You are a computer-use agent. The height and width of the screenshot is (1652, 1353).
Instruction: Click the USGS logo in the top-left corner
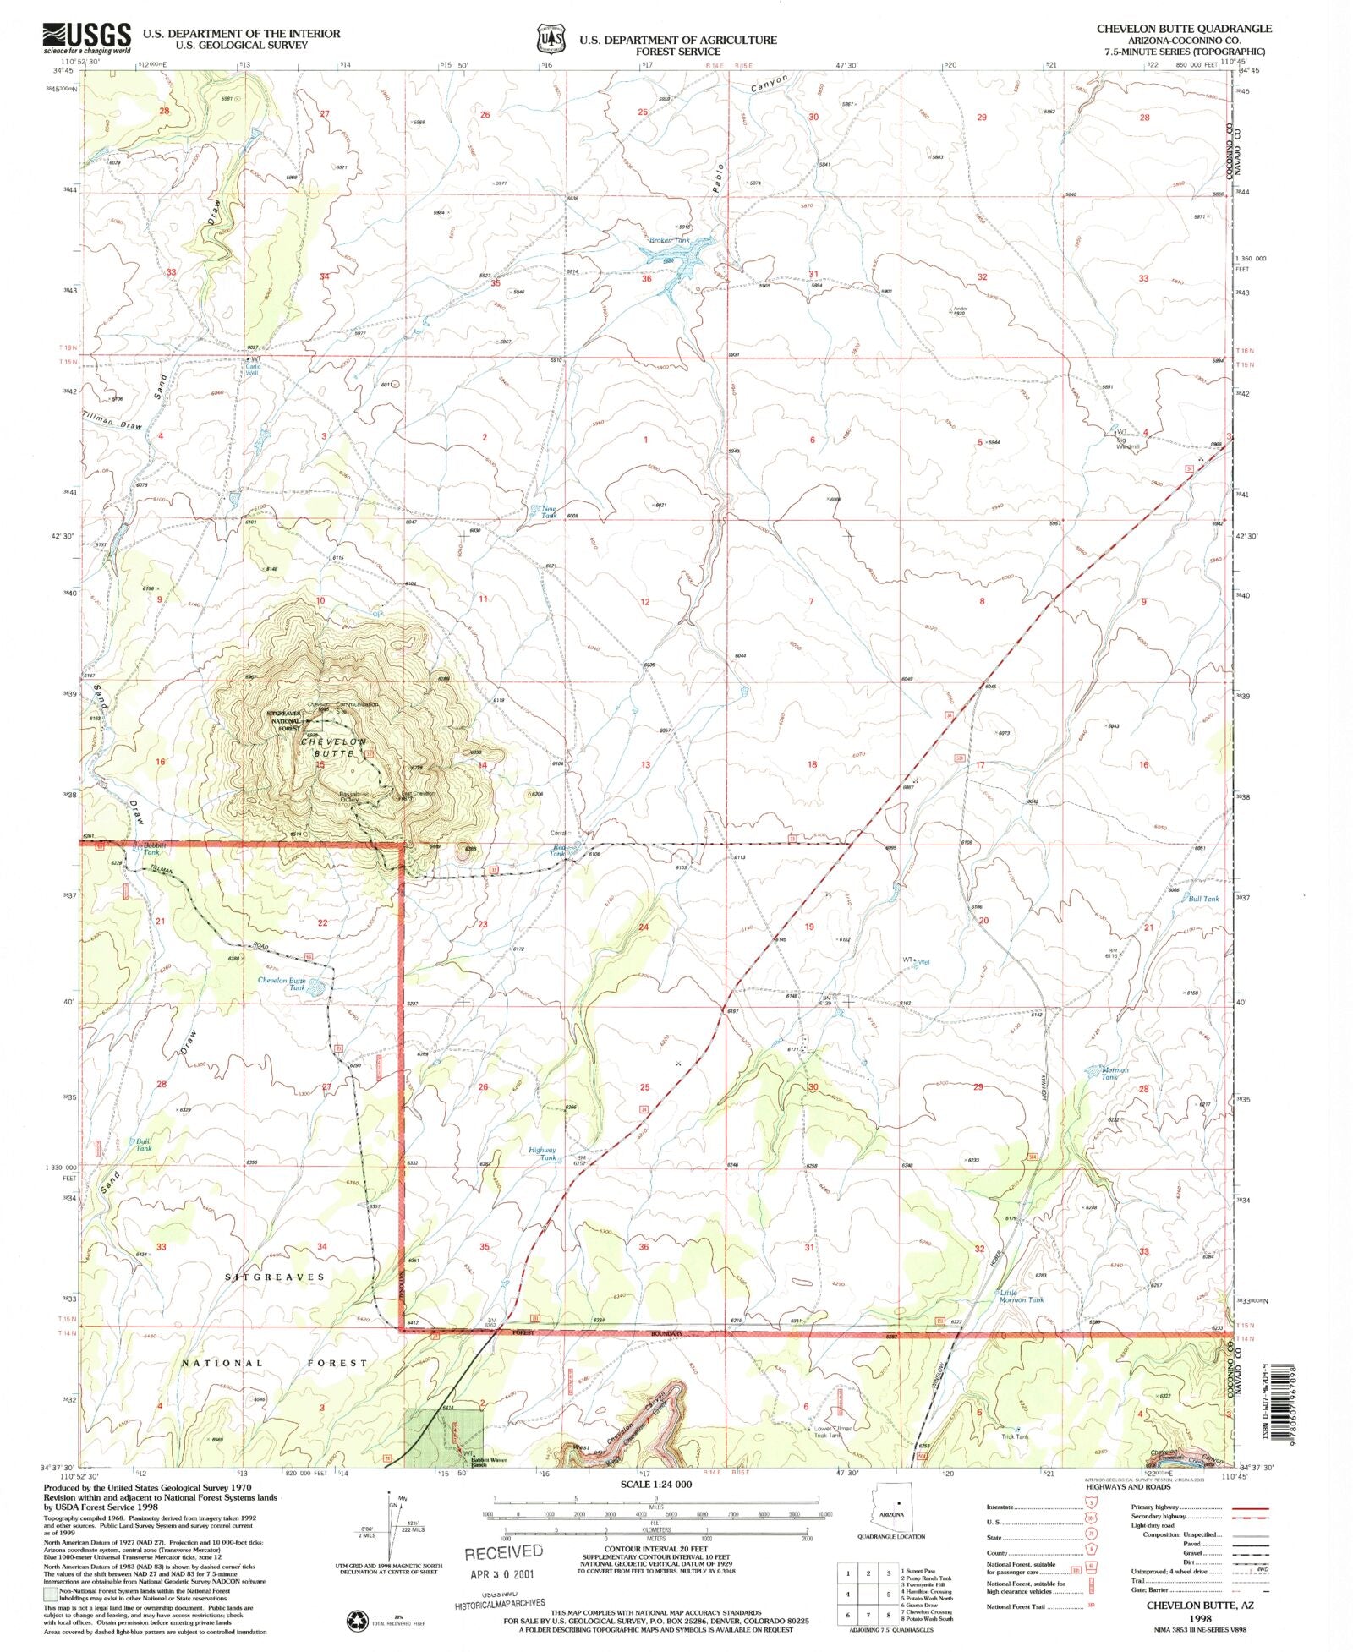tap(87, 37)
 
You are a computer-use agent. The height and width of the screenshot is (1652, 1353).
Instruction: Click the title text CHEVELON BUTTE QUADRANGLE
tap(1183, 28)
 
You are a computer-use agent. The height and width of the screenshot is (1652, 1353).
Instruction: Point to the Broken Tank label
tap(670, 240)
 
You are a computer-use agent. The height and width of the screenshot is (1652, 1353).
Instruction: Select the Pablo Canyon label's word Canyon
tap(770, 83)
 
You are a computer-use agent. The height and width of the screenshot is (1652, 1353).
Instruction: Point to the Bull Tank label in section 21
tap(1203, 899)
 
